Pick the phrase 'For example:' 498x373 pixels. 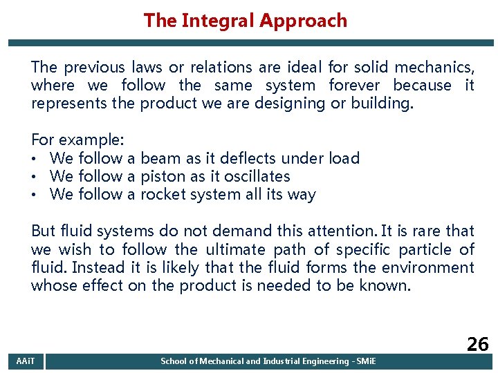[x=77, y=140]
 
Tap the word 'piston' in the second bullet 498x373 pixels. [x=162, y=176]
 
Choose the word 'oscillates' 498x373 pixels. [x=257, y=176]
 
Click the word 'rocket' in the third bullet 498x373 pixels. [x=163, y=194]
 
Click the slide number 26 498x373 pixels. [x=477, y=345]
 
